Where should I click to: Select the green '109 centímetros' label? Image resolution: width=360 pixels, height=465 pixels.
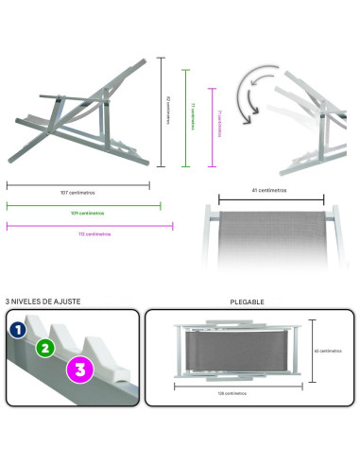82,212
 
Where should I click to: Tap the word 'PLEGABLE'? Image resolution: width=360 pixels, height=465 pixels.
248,301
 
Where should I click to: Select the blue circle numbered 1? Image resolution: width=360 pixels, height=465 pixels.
16,330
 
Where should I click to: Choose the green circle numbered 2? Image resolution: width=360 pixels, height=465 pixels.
43,348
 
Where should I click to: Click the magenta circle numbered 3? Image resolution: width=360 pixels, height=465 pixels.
79,370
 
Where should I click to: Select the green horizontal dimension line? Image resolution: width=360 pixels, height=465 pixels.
83,204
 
